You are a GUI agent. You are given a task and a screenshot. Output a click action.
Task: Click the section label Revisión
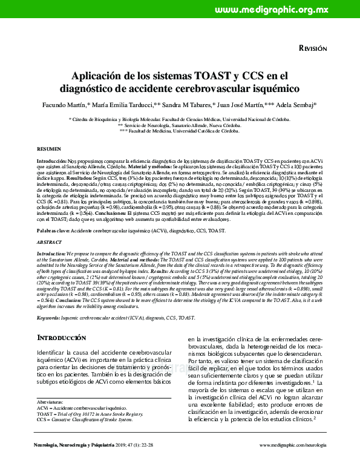click(x=313, y=48)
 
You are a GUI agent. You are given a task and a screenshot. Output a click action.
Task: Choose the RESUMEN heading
click(x=49, y=148)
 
